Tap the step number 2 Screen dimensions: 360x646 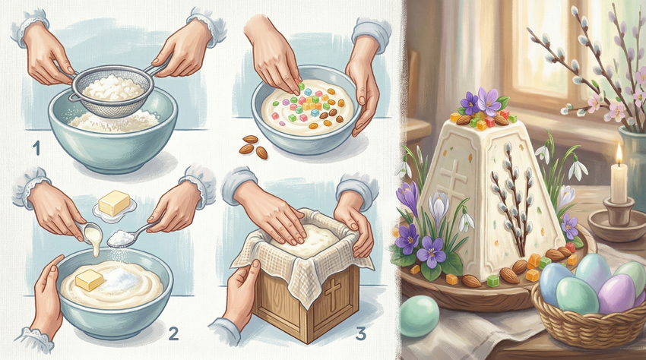173,333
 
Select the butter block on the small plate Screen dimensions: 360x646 115,203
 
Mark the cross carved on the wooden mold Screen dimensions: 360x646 331,292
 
